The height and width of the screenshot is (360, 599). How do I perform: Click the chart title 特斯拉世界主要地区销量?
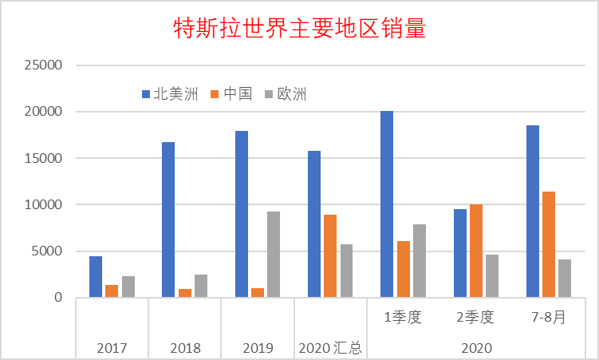pyautogui.click(x=300, y=28)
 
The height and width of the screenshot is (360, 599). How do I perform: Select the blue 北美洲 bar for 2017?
pyautogui.click(x=96, y=277)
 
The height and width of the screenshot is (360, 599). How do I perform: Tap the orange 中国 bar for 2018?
pyautogui.click(x=185, y=293)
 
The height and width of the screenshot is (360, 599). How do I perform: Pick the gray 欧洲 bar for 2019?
pyautogui.click(x=274, y=255)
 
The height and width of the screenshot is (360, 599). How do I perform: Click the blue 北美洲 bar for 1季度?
pyautogui.click(x=387, y=204)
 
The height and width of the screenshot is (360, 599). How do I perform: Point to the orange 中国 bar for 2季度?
pyautogui.click(x=476, y=251)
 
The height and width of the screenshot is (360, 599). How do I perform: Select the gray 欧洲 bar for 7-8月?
pyautogui.click(x=565, y=279)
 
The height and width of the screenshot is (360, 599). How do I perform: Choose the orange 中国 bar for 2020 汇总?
pyautogui.click(x=330, y=256)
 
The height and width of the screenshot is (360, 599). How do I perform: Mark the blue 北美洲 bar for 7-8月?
pyautogui.click(x=533, y=212)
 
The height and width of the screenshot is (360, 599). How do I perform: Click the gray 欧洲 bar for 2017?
pyautogui.click(x=128, y=287)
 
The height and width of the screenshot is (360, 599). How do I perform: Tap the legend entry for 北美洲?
pyautogui.click(x=170, y=94)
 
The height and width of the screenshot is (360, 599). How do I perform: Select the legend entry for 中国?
pyautogui.click(x=231, y=94)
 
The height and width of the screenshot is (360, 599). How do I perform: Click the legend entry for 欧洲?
pyautogui.click(x=286, y=94)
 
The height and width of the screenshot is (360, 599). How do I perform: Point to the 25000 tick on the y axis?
pyautogui.click(x=43, y=65)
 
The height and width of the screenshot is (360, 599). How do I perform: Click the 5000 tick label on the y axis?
pyautogui.click(x=46, y=251)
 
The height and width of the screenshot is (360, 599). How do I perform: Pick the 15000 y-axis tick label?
pyautogui.click(x=43, y=158)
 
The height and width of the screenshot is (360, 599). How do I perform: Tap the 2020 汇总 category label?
pyautogui.click(x=330, y=348)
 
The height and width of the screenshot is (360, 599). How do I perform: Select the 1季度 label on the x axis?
pyautogui.click(x=403, y=317)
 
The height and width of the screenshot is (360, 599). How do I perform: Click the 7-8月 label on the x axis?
pyautogui.click(x=549, y=317)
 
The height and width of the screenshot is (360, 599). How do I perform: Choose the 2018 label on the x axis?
pyautogui.click(x=185, y=348)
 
